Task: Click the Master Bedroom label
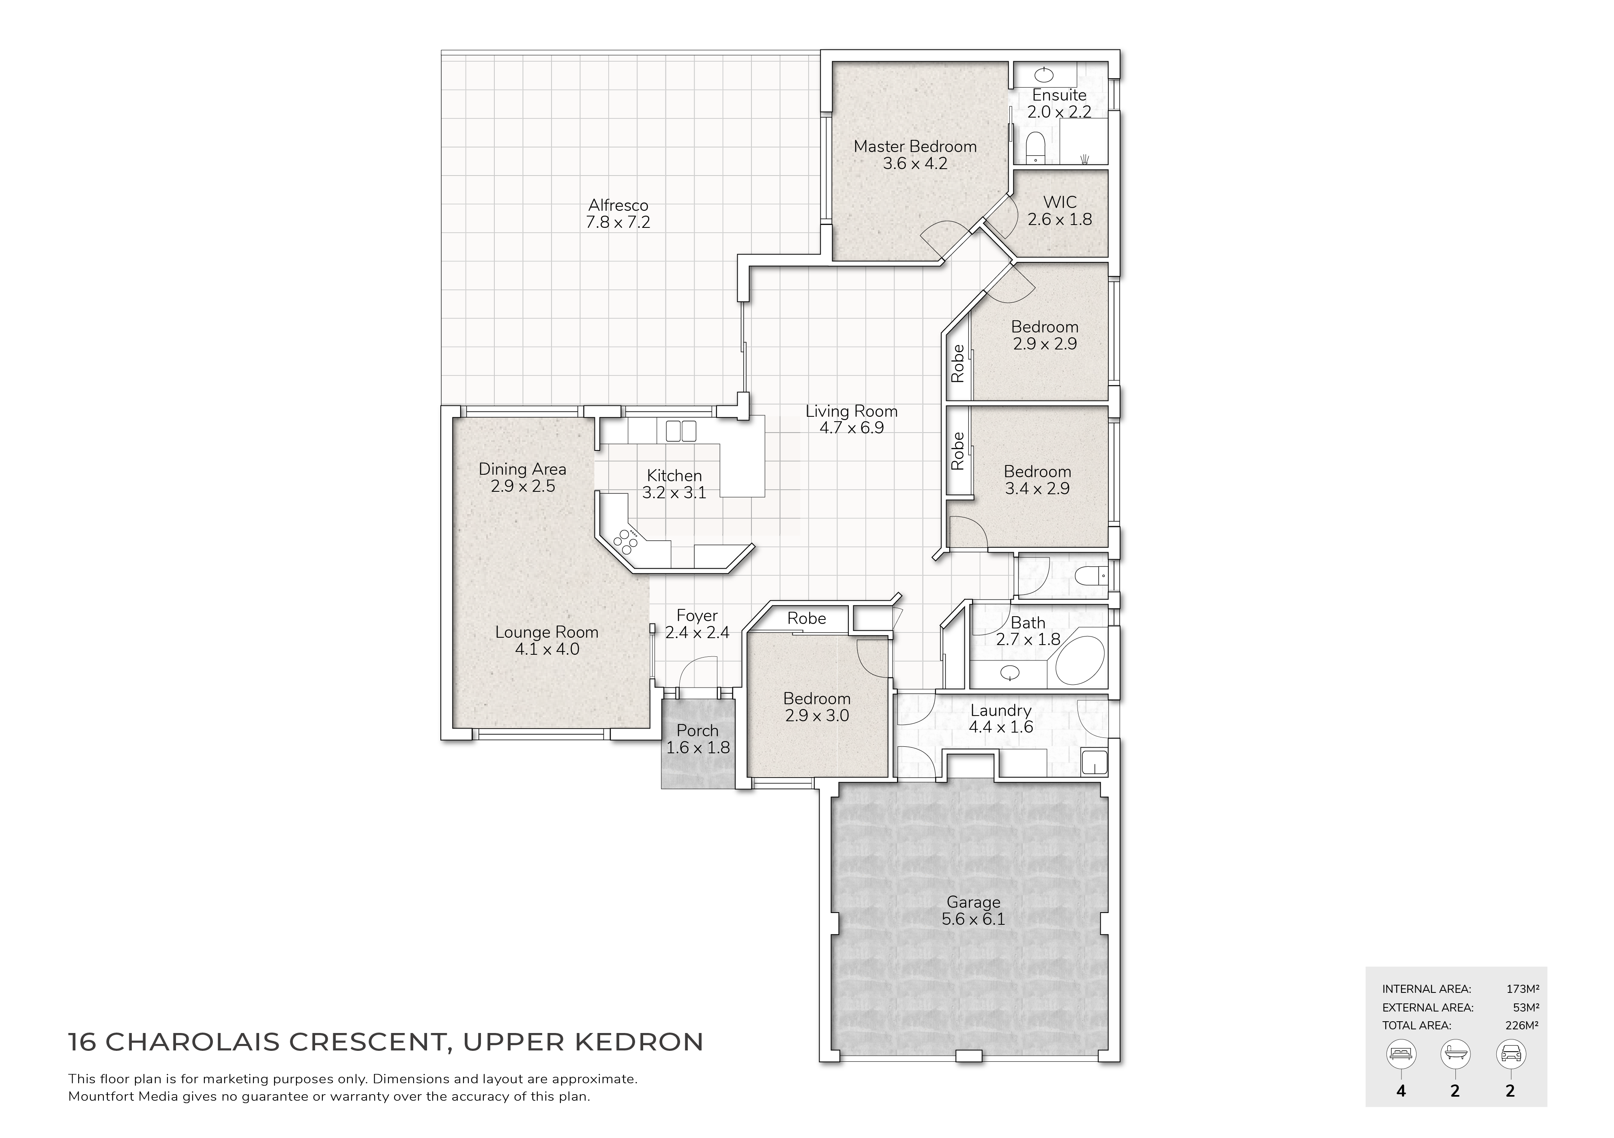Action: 915,146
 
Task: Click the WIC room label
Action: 1060,202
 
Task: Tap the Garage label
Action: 974,902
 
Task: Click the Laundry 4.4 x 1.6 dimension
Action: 1001,727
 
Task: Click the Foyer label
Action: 698,616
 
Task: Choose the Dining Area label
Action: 522,469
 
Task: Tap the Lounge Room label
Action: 547,632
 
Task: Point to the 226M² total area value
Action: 1522,1026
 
